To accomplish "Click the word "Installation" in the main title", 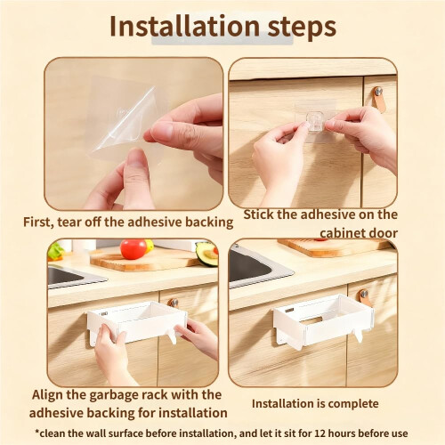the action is tap(185, 26).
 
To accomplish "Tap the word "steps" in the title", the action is tap(302, 28).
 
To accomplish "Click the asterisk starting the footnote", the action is tap(37, 432).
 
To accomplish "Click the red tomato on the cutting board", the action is tap(133, 249).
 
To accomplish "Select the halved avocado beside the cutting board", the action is tap(206, 255).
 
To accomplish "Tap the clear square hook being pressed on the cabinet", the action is tap(315, 121).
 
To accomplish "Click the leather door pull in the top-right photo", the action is tap(379, 99).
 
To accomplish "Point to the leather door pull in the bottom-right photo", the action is tap(365, 297).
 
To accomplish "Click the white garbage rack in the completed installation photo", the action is tap(323, 321).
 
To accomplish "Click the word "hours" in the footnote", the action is tap(342, 433).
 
